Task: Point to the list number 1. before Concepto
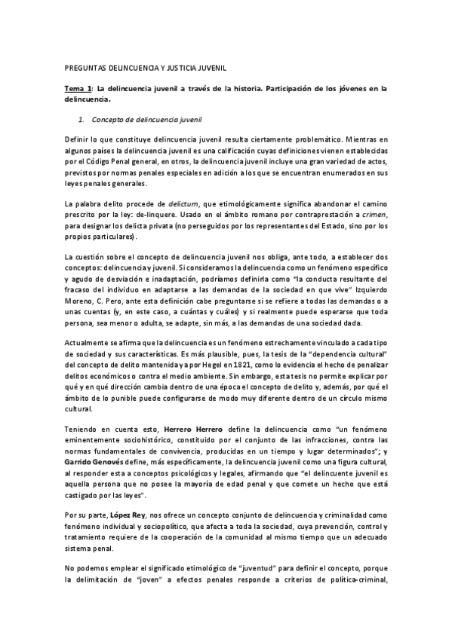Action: point(82,119)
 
